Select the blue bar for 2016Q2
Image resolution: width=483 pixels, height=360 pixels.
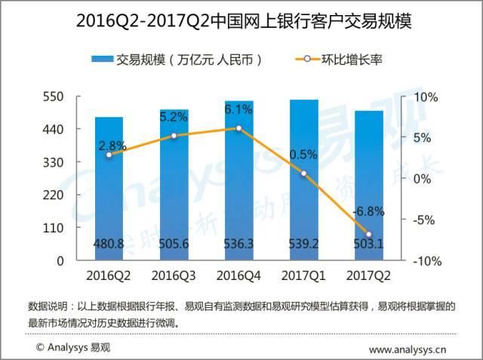pyautogui.click(x=109, y=189)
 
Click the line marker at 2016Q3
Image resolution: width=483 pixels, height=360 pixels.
pyautogui.click(x=174, y=136)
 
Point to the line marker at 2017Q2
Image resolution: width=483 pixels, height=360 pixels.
pyautogui.click(x=368, y=234)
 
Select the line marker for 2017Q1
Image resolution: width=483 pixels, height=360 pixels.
pyautogui.click(x=303, y=174)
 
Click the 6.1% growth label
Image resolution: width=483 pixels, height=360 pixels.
pyautogui.click(x=238, y=109)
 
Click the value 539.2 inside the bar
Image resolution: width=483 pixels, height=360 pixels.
pyautogui.click(x=303, y=245)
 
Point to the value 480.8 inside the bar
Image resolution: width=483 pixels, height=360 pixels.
pyautogui.click(x=109, y=245)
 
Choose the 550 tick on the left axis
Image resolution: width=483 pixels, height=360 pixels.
pyautogui.click(x=53, y=97)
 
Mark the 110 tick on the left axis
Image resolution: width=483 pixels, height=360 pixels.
pyautogui.click(x=53, y=228)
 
